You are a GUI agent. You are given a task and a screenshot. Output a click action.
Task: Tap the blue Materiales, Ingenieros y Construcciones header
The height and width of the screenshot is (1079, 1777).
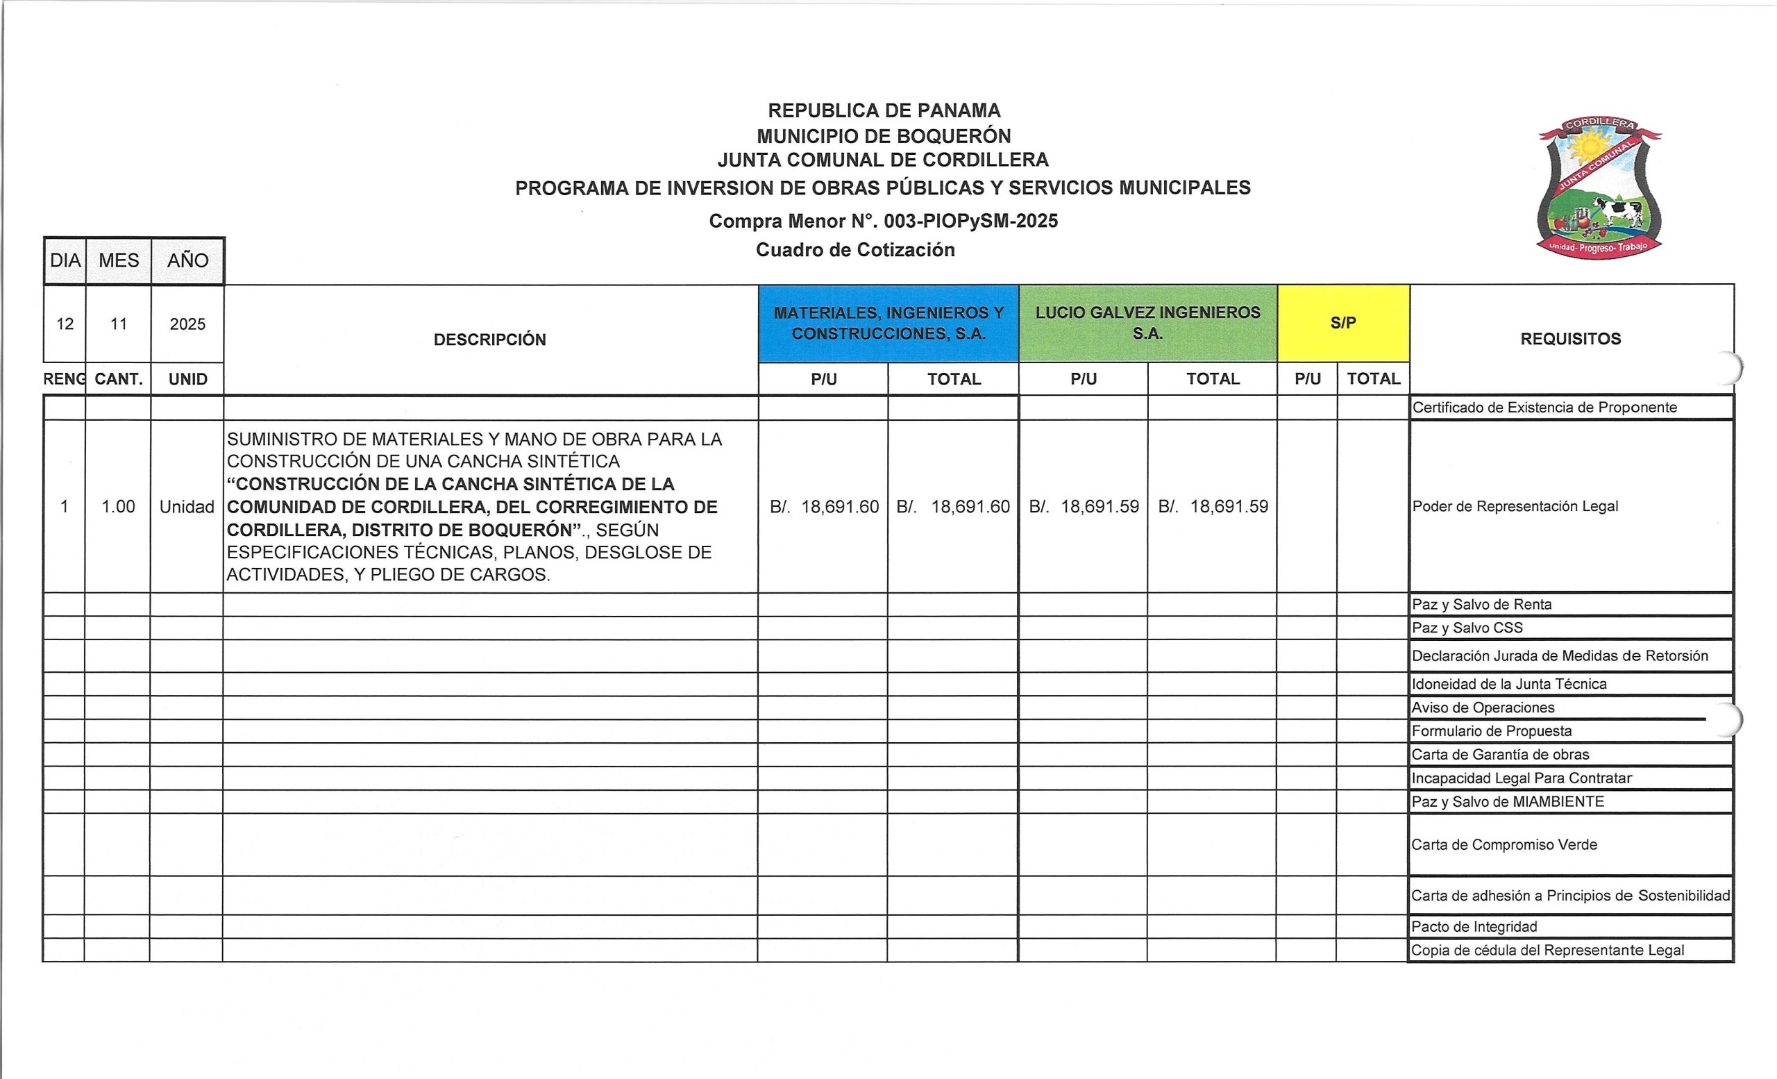(888, 323)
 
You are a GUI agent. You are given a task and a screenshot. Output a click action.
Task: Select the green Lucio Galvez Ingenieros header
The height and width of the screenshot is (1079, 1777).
(1147, 323)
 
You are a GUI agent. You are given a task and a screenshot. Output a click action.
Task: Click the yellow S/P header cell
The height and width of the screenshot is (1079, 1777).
(1343, 323)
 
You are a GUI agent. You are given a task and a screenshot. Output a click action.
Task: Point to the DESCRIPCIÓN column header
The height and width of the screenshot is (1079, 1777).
(489, 340)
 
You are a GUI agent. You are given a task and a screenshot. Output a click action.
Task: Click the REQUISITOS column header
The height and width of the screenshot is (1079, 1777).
(1570, 339)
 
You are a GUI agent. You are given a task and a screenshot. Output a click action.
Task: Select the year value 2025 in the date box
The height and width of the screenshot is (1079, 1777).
(187, 324)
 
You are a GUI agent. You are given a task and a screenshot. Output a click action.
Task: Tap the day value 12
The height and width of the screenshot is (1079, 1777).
(65, 324)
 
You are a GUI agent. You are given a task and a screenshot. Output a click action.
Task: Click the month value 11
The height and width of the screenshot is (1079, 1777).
(118, 324)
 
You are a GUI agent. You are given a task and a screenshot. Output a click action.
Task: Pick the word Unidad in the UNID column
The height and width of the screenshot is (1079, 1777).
(187, 507)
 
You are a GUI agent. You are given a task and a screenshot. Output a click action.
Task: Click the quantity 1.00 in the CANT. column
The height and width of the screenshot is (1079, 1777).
(118, 507)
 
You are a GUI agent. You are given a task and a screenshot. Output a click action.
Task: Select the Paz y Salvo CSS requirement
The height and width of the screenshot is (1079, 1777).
(1467, 628)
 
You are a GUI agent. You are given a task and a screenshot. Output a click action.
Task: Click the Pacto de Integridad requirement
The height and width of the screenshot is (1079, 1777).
(1474, 927)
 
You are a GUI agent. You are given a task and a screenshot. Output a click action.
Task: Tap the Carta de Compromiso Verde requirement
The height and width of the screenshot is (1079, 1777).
(1504, 844)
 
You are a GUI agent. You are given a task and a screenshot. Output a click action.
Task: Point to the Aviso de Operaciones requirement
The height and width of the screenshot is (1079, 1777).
(1483, 708)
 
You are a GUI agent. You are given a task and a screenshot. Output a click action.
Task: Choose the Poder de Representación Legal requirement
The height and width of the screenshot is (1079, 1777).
(1515, 506)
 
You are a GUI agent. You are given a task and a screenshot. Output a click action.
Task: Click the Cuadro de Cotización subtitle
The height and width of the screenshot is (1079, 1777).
(854, 250)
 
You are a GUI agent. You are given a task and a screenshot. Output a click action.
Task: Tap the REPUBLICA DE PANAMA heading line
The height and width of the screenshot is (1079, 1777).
(884, 110)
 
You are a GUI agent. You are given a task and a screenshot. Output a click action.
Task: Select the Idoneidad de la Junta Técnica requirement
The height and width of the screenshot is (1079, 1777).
(1509, 684)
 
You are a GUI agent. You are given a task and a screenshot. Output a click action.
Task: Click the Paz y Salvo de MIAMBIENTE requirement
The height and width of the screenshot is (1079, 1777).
(1507, 801)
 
